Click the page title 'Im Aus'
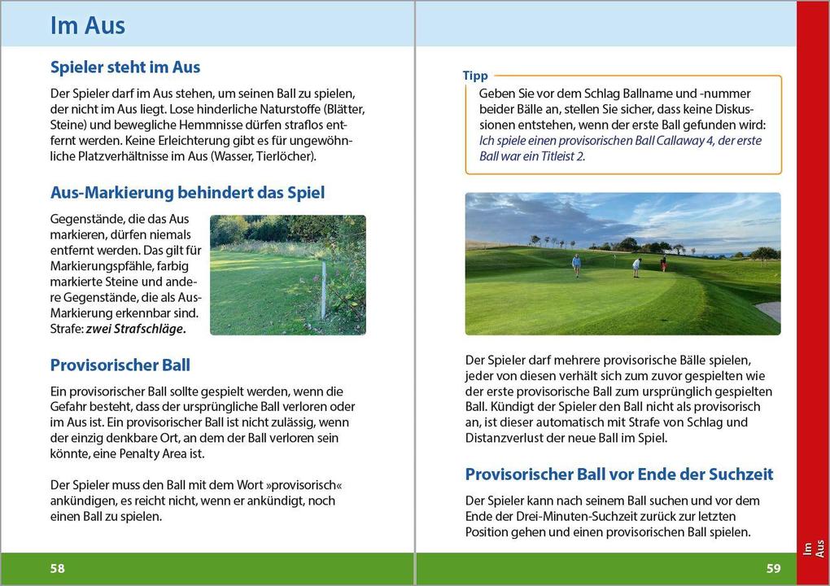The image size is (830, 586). tap(88, 25)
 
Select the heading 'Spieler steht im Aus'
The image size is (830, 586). tap(125, 67)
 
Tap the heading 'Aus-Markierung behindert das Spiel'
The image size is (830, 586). tap(187, 193)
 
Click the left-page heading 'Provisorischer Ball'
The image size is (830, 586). tap(120, 365)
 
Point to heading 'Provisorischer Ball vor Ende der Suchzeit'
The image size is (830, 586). tap(618, 474)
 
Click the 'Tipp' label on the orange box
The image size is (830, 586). tap(475, 76)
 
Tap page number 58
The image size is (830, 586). tap(58, 568)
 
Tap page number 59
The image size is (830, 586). tap(772, 568)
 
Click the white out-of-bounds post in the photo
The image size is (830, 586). tap(324, 289)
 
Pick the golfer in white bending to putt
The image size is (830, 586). tap(636, 267)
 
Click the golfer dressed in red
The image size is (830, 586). tap(664, 263)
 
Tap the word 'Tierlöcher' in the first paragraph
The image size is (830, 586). tap(284, 156)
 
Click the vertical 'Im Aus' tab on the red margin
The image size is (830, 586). tap(813, 549)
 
